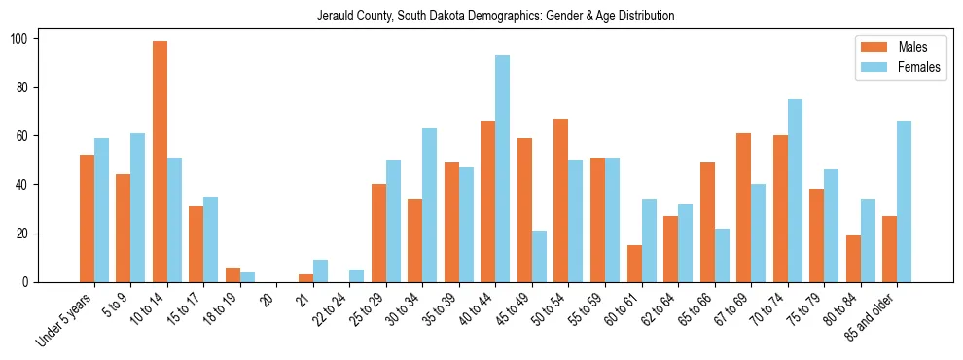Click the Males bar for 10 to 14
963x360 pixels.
coord(160,162)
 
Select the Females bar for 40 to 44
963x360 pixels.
coord(502,169)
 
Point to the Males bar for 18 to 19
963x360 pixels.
coord(232,275)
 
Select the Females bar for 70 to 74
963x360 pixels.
coord(794,191)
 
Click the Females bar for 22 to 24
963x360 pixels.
coord(356,276)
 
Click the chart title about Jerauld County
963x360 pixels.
coord(495,17)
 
